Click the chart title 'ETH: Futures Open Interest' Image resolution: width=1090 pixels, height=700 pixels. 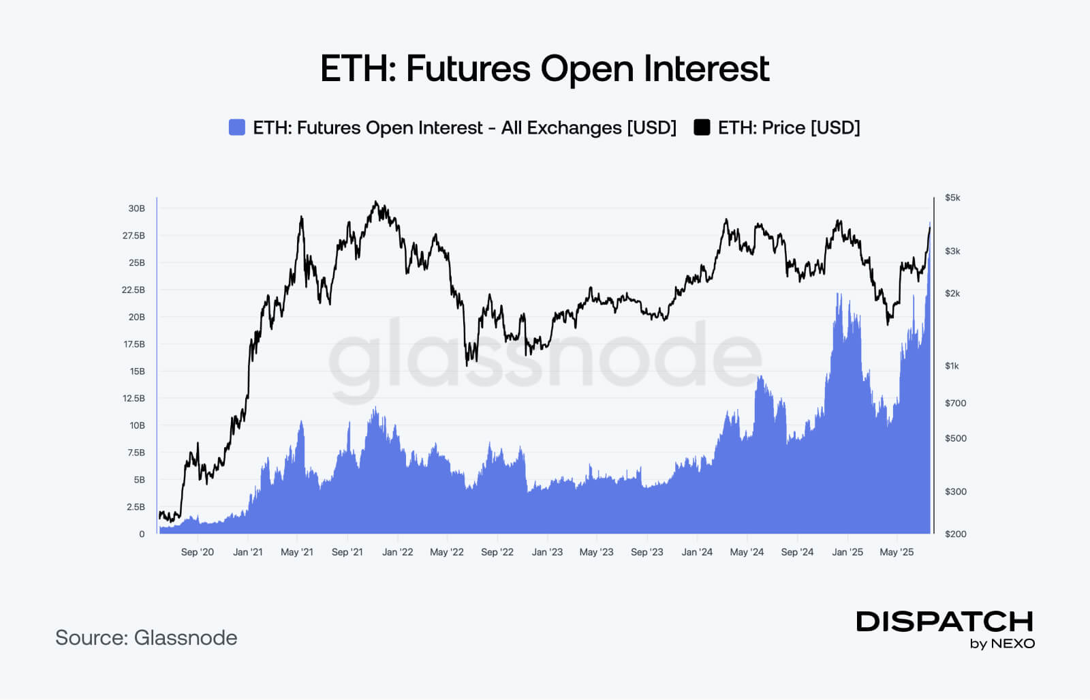click(x=544, y=69)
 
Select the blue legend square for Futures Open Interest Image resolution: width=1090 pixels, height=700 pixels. click(x=236, y=127)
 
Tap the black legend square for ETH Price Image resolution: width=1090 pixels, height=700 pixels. click(x=702, y=127)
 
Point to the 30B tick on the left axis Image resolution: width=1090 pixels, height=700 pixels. click(x=136, y=209)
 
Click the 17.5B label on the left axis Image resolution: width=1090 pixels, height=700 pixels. click(x=134, y=344)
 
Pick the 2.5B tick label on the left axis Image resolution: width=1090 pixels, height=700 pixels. click(x=136, y=507)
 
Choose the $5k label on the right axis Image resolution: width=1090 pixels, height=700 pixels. click(x=952, y=198)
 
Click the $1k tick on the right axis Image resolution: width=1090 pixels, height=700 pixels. click(x=952, y=366)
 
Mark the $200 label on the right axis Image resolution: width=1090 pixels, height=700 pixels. click(x=955, y=534)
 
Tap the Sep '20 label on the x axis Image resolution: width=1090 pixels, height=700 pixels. click(x=197, y=552)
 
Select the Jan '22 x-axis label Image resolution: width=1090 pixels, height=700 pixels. click(x=397, y=552)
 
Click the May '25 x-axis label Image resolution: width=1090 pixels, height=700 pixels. click(x=897, y=552)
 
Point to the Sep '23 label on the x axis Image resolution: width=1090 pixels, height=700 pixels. click(x=647, y=552)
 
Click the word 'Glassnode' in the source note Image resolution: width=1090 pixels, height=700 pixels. click(x=185, y=638)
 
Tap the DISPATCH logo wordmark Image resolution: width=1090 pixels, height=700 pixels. click(x=944, y=622)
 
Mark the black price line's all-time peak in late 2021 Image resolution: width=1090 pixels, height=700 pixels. click(x=375, y=202)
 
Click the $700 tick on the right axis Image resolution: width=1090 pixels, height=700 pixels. click(x=955, y=404)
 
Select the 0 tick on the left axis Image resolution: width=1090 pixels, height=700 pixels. click(x=142, y=534)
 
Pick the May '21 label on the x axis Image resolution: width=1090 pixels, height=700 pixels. click(x=297, y=552)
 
